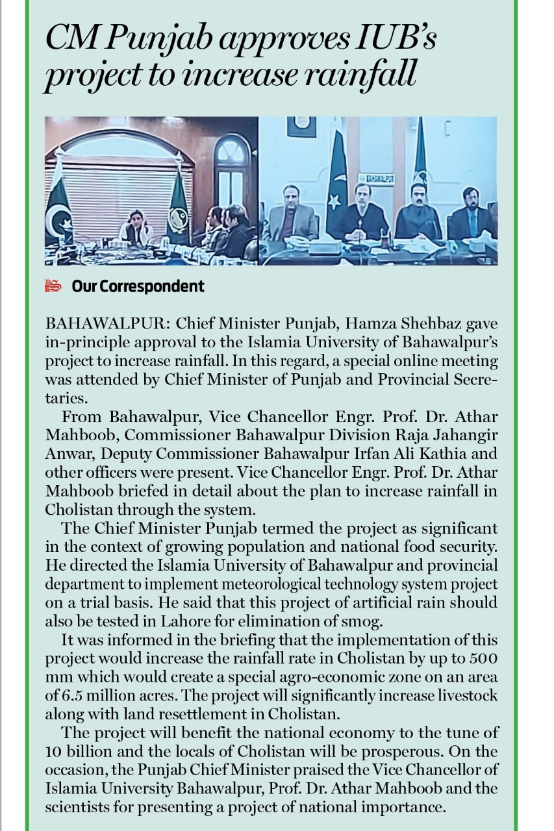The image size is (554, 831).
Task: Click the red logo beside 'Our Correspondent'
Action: tap(53, 286)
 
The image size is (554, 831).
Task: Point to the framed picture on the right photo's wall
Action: tap(301, 126)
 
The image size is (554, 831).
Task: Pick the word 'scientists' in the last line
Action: tap(75, 808)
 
